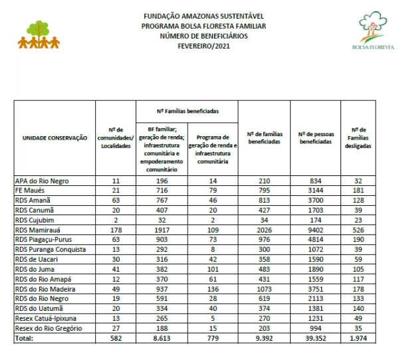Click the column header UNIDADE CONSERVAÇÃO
[x=51, y=137]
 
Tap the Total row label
[x=25, y=338]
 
